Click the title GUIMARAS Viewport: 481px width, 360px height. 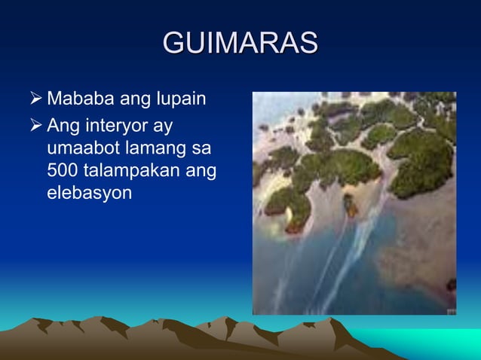click(240, 43)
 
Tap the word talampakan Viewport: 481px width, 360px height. click(132, 170)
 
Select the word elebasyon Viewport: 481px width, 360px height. click(89, 194)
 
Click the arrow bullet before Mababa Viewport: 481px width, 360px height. click(33, 99)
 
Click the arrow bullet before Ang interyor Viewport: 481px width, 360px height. click(33, 123)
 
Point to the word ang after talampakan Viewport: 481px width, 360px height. click(201, 172)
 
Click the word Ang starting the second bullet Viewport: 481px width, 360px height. click(62, 123)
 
